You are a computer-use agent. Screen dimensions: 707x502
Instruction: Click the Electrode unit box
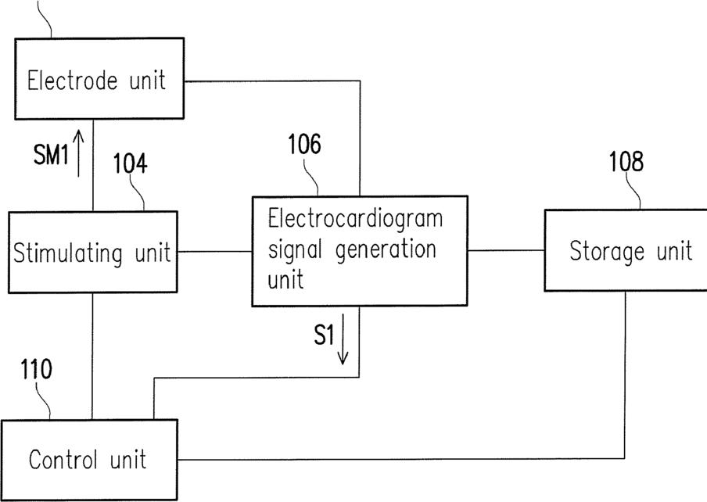point(99,78)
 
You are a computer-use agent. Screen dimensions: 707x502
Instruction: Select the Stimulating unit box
point(92,252)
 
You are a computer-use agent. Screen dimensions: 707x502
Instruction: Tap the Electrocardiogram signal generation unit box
point(359,251)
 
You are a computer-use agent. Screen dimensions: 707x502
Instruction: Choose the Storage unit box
point(626,250)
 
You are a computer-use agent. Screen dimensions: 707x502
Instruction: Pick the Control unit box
point(89,460)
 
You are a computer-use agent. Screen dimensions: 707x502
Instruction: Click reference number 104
point(130,163)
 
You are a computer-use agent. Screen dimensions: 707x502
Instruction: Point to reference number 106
point(304,144)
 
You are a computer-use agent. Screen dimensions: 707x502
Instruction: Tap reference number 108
point(626,161)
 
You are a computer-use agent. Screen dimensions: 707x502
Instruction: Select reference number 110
point(36,369)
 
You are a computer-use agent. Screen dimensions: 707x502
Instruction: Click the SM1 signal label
point(52,155)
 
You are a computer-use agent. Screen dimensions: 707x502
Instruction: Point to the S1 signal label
point(324,335)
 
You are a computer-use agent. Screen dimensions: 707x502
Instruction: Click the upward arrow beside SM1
point(78,153)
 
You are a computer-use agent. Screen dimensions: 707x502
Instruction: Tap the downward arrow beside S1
point(343,339)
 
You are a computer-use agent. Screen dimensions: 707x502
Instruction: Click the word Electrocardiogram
point(355,218)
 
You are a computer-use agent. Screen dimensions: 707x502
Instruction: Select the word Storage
point(607,252)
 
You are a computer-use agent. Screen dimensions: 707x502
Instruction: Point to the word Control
point(63,460)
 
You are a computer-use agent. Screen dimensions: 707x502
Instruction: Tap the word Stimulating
point(67,253)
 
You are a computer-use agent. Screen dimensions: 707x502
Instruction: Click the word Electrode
point(72,81)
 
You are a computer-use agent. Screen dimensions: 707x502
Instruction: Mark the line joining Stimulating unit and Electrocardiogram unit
point(214,252)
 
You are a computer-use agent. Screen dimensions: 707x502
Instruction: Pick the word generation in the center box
point(386,250)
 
